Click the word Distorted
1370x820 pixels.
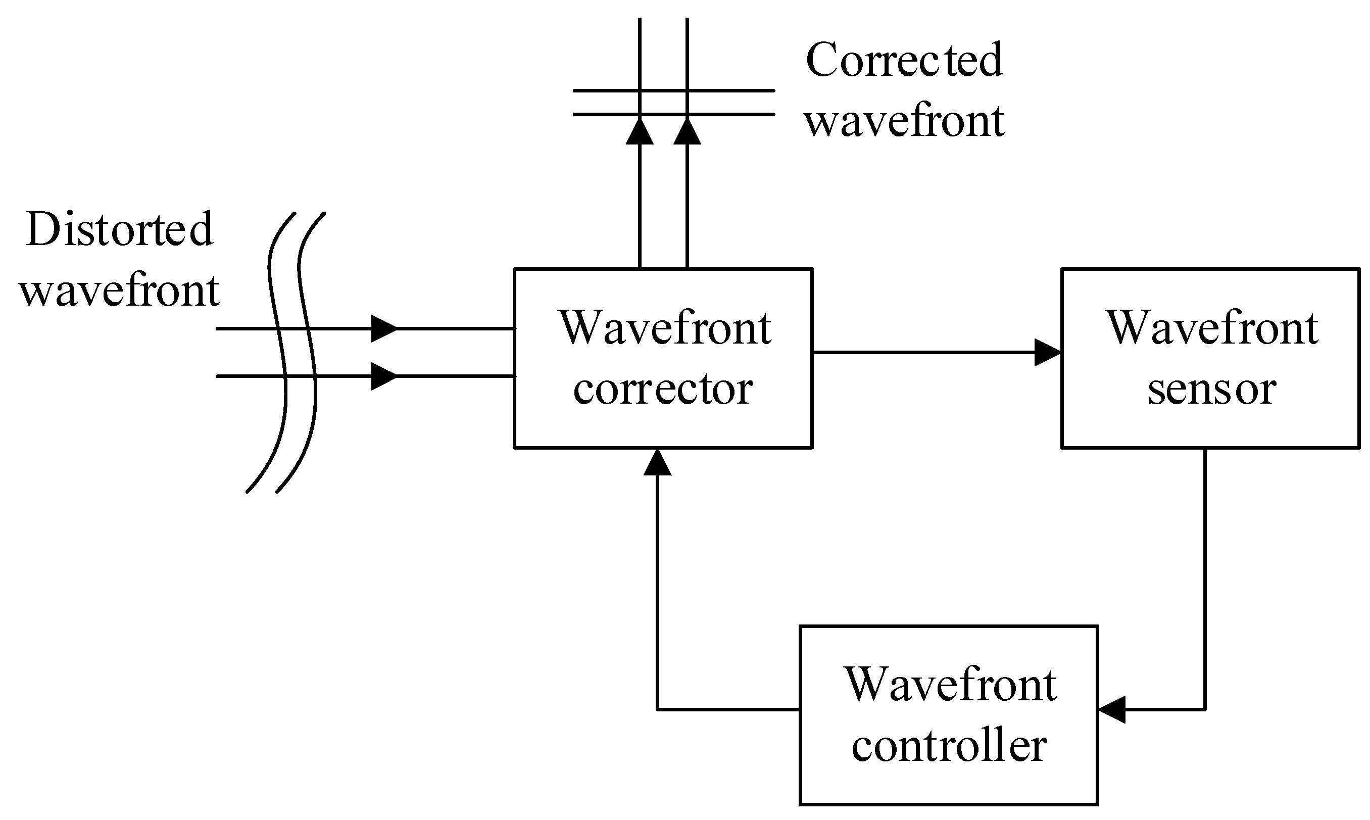click(x=119, y=229)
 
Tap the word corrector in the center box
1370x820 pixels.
click(x=663, y=389)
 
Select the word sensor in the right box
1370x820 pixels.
click(x=1211, y=389)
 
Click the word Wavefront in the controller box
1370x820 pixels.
click(x=950, y=685)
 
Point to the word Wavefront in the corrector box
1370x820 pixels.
click(x=665, y=328)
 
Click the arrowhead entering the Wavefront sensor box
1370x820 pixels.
click(x=1047, y=352)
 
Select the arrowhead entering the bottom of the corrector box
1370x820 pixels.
click(x=657, y=463)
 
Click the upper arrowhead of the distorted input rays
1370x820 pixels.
click(x=383, y=329)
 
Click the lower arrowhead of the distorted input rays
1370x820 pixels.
click(x=383, y=376)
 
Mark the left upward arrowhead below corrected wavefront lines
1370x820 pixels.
click(x=640, y=131)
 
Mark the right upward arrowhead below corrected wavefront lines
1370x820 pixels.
click(x=687, y=131)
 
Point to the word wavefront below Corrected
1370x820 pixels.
click(x=904, y=121)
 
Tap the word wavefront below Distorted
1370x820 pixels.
click(x=119, y=290)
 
